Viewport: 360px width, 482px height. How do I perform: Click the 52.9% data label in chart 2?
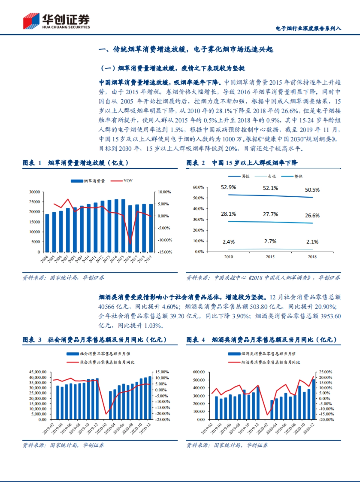click(x=228, y=187)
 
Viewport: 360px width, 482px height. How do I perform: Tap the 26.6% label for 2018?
click(x=312, y=216)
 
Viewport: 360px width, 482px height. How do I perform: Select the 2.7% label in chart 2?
click(x=270, y=241)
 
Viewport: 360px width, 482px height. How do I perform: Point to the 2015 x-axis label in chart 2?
click(x=270, y=257)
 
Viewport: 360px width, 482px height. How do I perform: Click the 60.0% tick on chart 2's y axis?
click(x=198, y=187)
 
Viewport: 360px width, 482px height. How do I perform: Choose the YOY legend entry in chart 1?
click(x=128, y=181)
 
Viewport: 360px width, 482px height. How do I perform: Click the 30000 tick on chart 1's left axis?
click(x=34, y=192)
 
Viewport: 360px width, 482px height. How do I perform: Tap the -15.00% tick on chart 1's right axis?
click(x=165, y=252)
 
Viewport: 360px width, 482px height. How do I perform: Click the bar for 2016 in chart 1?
click(x=130, y=228)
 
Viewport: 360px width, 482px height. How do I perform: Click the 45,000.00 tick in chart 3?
click(x=37, y=372)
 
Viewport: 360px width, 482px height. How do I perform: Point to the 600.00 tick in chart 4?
click(x=199, y=372)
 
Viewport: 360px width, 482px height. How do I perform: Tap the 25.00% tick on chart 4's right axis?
click(x=325, y=372)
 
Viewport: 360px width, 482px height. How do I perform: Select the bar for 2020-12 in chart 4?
click(x=313, y=399)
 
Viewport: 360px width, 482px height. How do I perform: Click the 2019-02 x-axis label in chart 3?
click(x=48, y=429)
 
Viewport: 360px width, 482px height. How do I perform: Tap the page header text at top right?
click(x=308, y=28)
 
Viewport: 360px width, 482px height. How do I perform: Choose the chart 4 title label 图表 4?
click(x=195, y=340)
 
